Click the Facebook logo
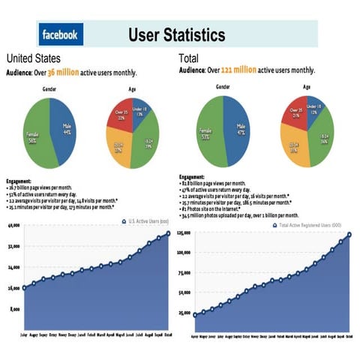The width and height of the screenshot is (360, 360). tap(60, 34)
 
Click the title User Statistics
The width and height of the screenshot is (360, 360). tap(176, 34)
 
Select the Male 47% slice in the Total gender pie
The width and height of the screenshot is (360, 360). tap(238, 127)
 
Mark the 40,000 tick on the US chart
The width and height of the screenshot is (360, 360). tap(13, 226)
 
